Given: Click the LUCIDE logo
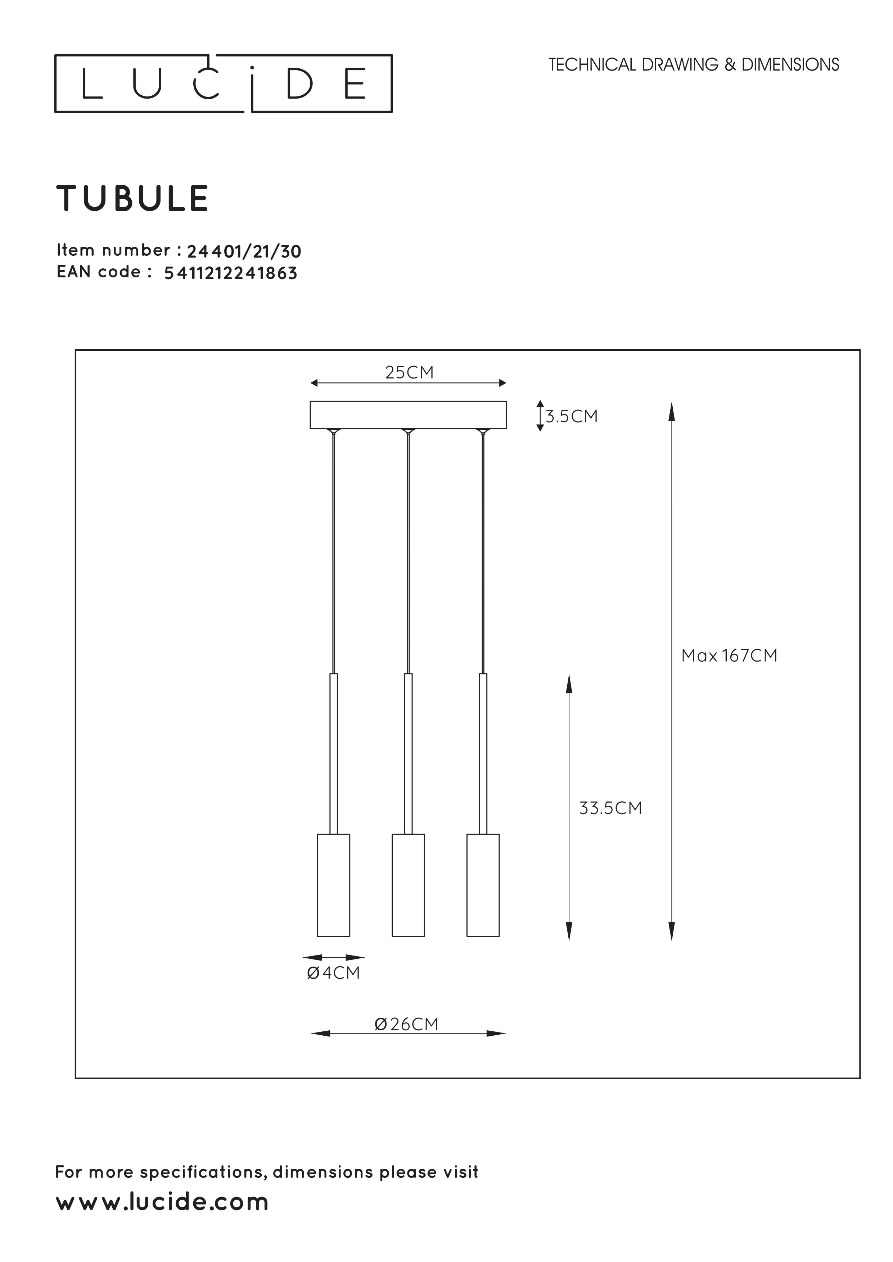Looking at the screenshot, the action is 223,83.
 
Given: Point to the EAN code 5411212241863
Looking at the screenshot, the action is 231,273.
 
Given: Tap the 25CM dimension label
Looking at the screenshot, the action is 409,373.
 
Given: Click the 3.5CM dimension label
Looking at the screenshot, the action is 571,416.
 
